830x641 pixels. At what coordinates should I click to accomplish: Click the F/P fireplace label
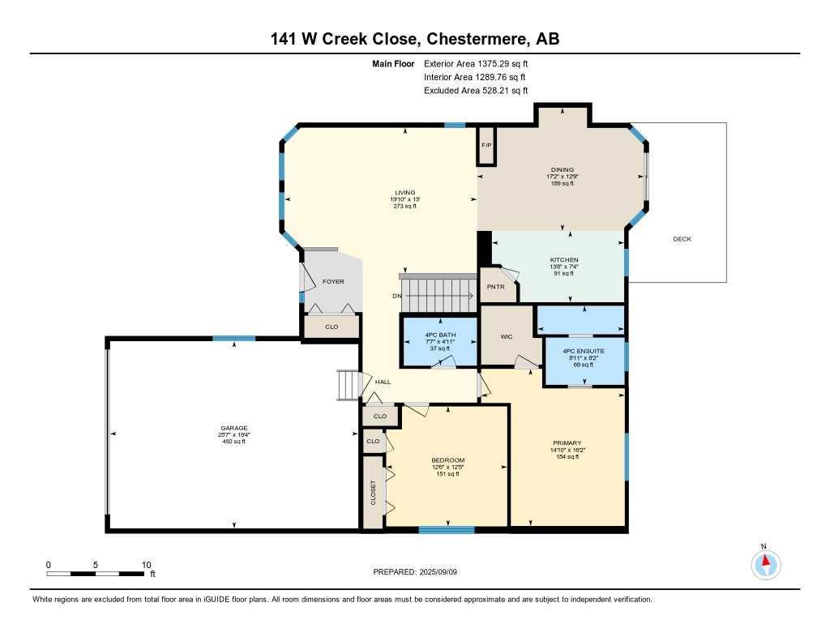click(x=486, y=145)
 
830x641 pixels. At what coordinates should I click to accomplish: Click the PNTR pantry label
click(x=495, y=287)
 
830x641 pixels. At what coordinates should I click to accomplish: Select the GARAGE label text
click(x=234, y=428)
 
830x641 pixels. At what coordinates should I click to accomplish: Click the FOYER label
click(x=333, y=282)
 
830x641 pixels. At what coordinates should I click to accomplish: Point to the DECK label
click(x=682, y=239)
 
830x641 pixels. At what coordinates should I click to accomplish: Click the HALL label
click(x=383, y=382)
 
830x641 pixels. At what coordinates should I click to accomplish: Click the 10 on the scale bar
click(x=146, y=565)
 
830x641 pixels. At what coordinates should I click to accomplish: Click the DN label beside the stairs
click(x=396, y=296)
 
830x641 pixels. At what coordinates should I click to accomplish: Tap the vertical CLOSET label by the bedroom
click(x=374, y=493)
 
